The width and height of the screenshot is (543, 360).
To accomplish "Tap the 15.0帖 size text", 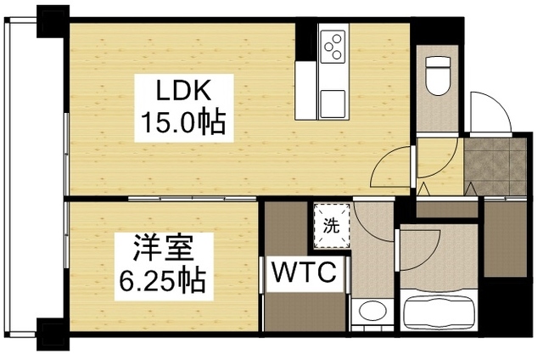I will (182, 125).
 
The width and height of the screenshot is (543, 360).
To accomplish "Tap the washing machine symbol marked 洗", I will (330, 226).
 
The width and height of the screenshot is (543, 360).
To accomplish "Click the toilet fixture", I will (438, 74).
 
